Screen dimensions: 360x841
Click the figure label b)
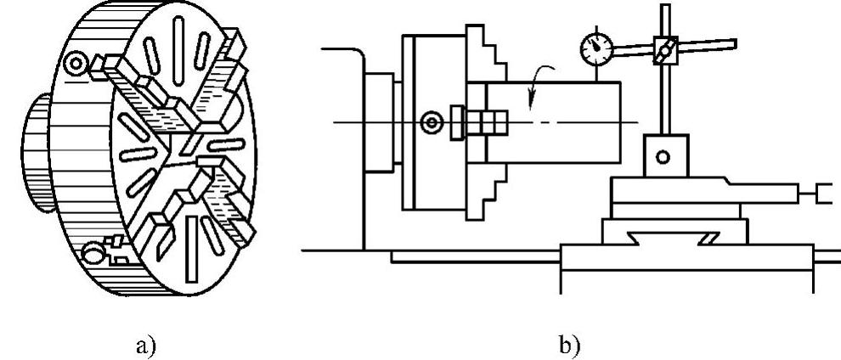(x=566, y=345)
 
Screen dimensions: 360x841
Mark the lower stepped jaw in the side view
(x=488, y=191)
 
